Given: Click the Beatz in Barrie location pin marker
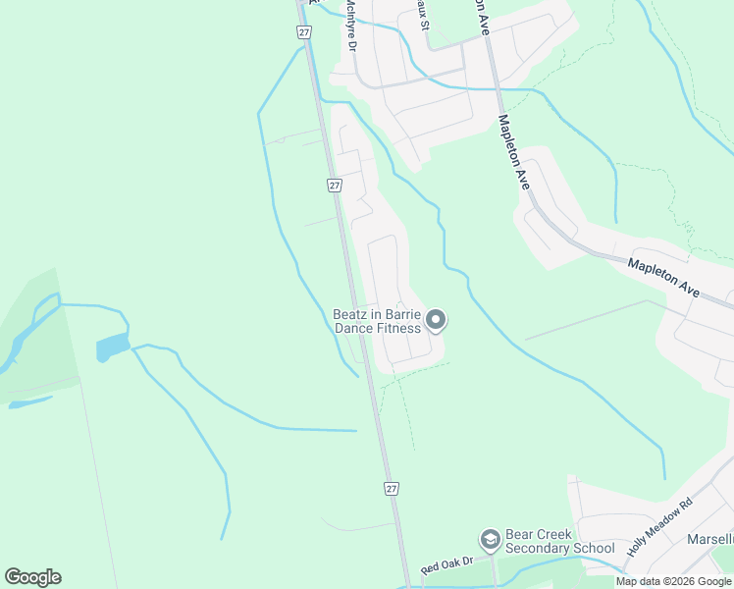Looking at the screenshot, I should [437, 320].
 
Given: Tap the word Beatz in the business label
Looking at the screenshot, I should [350, 314].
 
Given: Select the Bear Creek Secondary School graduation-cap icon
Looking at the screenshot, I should [489, 540].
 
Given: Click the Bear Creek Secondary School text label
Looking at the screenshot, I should [559, 541].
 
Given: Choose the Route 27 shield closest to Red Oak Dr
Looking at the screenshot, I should [392, 489].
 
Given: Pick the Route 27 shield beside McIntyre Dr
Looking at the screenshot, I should [303, 31].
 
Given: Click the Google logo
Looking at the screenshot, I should [32, 577].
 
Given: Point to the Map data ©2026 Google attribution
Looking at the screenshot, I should [674, 581].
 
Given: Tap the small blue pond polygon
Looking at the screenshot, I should [112, 346].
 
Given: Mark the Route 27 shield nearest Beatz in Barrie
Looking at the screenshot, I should [335, 186].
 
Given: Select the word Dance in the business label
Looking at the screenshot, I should [354, 328].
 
